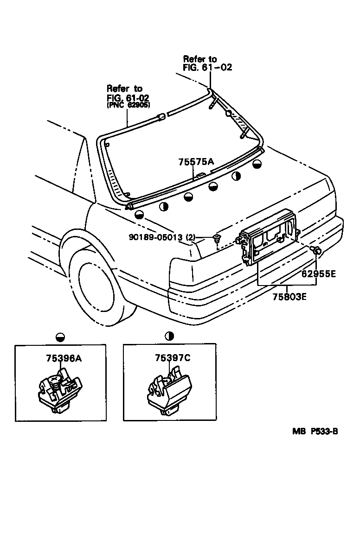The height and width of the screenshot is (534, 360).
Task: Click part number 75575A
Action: pos(196,162)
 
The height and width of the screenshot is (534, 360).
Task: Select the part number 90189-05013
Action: pos(156,238)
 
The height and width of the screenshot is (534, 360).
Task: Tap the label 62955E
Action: pos(318,273)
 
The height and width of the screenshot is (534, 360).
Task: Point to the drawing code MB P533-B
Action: pos(315,431)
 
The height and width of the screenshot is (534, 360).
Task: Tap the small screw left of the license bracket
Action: pos(217,239)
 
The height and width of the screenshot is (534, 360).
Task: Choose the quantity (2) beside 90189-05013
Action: pos(190,238)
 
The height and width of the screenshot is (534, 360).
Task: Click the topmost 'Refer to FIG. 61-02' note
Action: pos(207,63)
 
